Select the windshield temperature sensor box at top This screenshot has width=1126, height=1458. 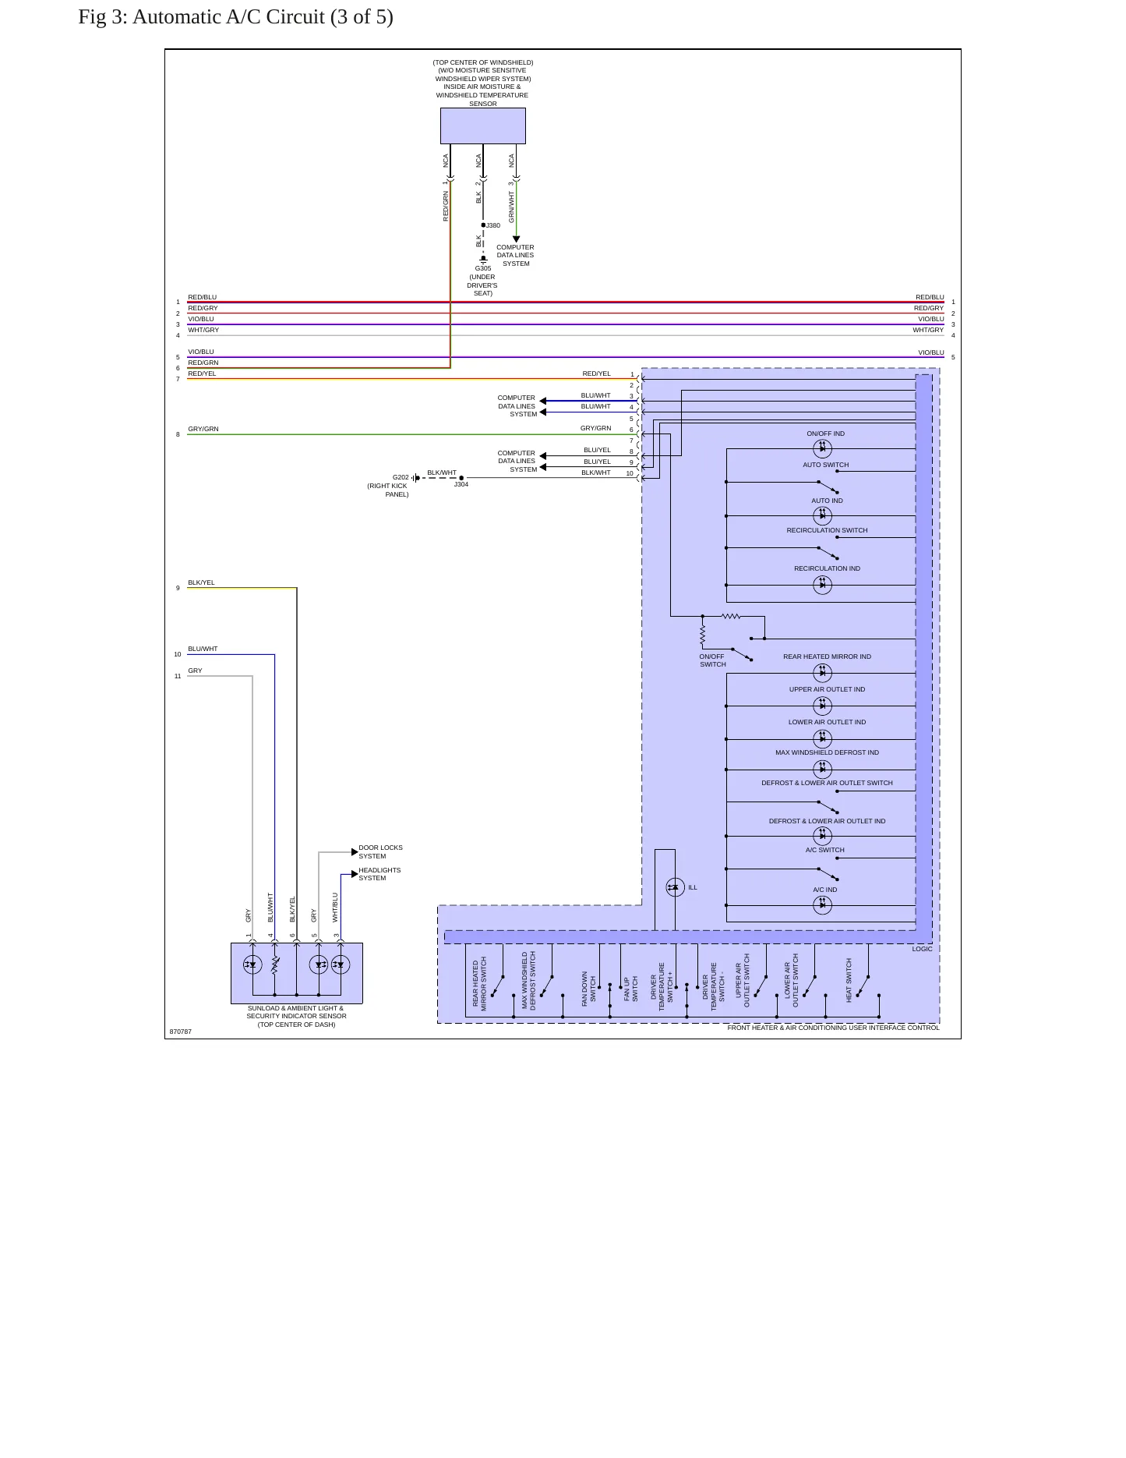click(x=483, y=126)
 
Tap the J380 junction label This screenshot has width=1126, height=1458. click(x=493, y=225)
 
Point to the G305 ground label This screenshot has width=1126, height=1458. click(x=483, y=268)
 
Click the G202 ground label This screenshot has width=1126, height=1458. click(x=401, y=477)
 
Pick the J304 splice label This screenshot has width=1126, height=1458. click(x=461, y=484)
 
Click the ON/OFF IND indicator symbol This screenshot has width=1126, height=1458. click(x=822, y=448)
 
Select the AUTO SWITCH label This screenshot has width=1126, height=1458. click(x=826, y=465)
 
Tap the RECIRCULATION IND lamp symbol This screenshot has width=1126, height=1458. click(x=822, y=585)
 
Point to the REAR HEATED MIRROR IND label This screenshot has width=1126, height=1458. click(x=827, y=656)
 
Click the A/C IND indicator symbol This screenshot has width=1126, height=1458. click(x=822, y=904)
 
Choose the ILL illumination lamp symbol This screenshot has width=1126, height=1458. click(x=675, y=887)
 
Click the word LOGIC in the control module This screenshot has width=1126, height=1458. click(x=922, y=949)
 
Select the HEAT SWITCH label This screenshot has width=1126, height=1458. click(x=849, y=980)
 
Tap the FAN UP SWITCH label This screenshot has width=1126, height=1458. click(x=631, y=989)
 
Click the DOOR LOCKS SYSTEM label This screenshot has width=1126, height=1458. click(x=380, y=851)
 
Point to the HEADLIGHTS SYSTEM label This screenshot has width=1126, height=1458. click(x=379, y=874)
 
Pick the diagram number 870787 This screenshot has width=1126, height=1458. click(x=180, y=1032)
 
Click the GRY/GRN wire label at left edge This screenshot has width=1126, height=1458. click(x=203, y=429)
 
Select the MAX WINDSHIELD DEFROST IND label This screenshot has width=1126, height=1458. click(x=827, y=752)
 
